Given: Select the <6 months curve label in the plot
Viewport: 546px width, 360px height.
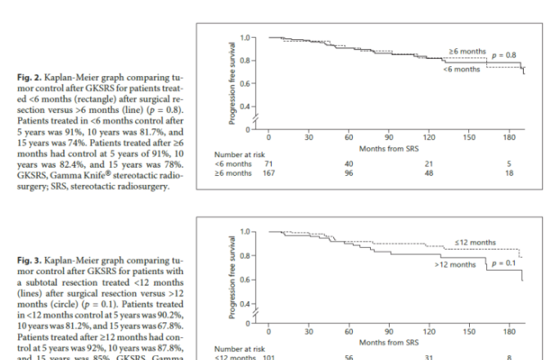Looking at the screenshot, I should pyautogui.click(x=461, y=70).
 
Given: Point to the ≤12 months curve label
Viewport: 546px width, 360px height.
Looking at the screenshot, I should pyautogui.click(x=475, y=242).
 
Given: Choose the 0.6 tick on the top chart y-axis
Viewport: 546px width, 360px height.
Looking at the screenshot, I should pyautogui.click(x=245, y=83).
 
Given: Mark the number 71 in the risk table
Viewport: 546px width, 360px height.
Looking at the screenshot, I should pyautogui.click(x=268, y=164).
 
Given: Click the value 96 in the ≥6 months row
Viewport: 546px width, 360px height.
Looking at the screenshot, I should pyautogui.click(x=349, y=173).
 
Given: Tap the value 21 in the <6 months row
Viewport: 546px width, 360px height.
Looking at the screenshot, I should pyautogui.click(x=428, y=164).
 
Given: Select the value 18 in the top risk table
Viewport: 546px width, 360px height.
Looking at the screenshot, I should pyautogui.click(x=509, y=173).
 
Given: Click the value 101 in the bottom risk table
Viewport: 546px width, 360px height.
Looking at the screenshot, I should pyautogui.click(x=268, y=357).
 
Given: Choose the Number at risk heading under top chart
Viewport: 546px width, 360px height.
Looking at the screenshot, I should pyautogui.click(x=238, y=154).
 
